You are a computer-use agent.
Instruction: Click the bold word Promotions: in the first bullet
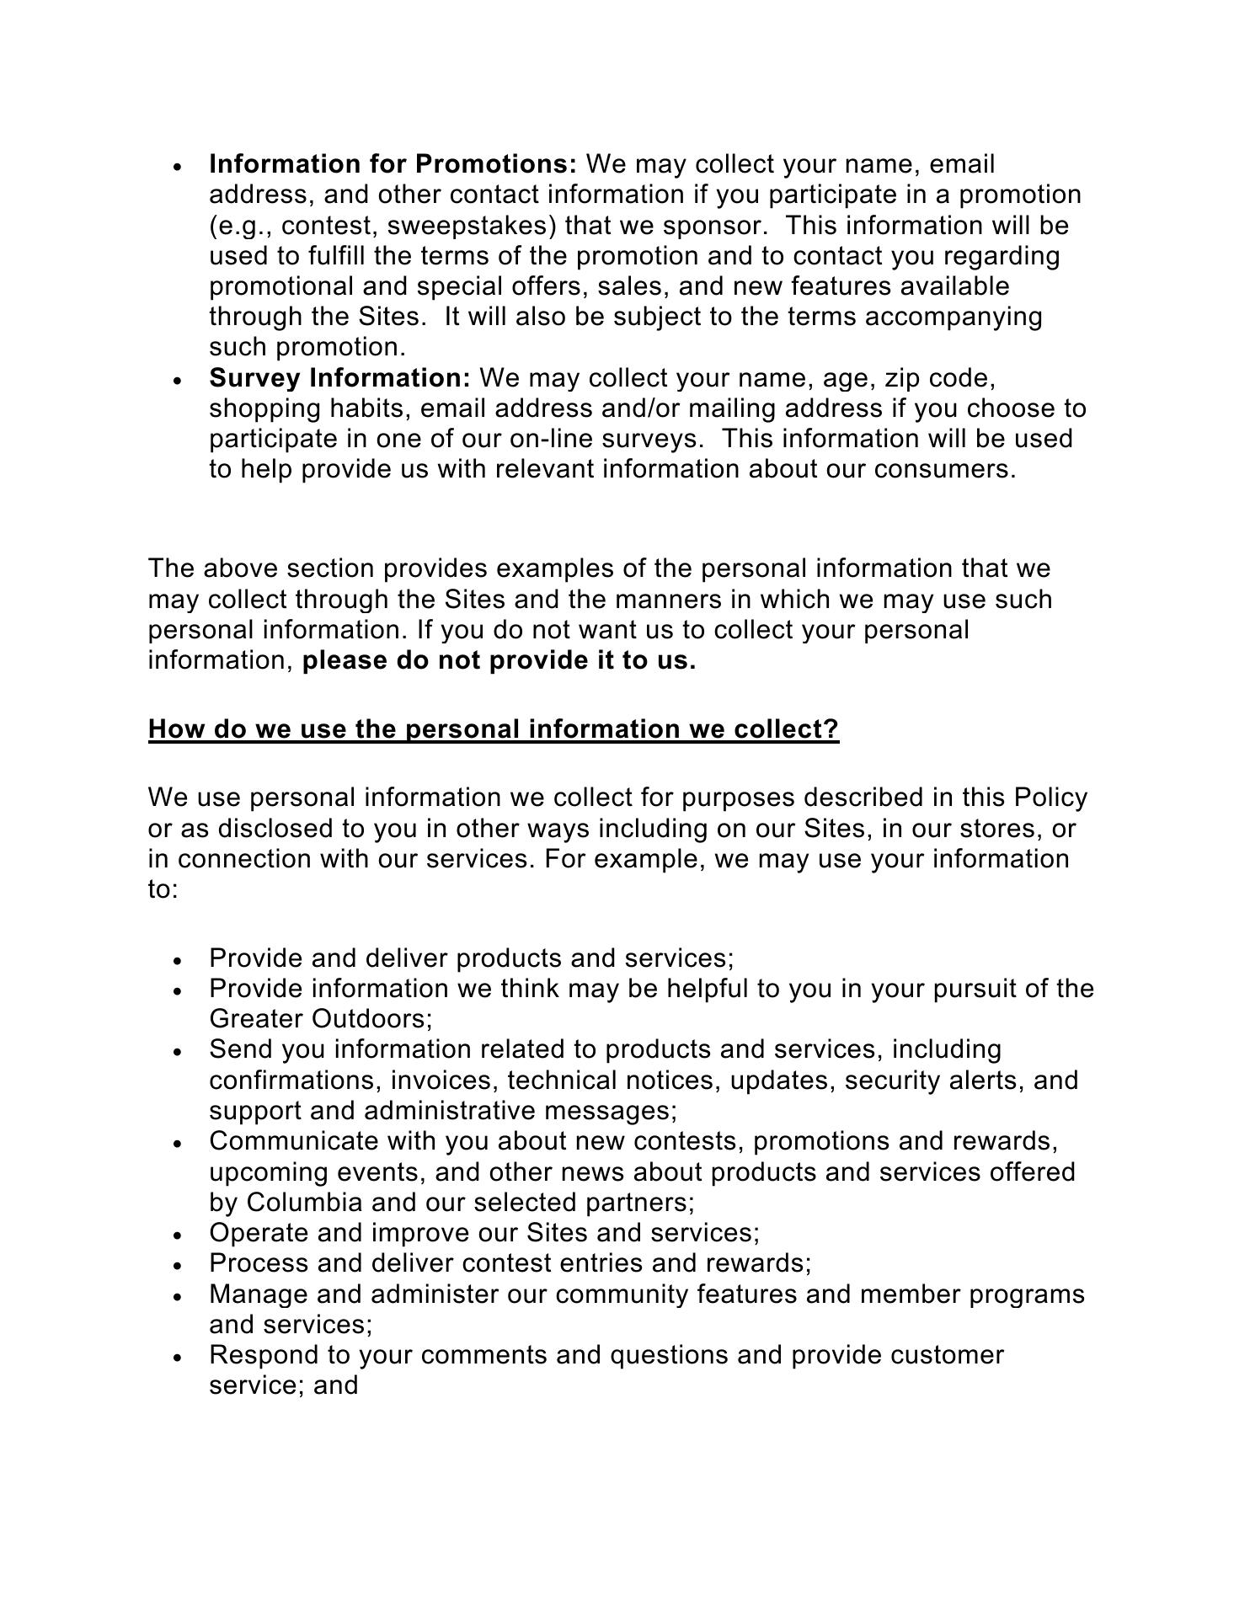[x=496, y=163]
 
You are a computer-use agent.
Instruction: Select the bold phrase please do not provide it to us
[x=499, y=660]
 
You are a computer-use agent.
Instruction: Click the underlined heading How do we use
[x=494, y=728]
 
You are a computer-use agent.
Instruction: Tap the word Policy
[x=1050, y=797]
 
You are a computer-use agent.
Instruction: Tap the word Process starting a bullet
[x=256, y=1263]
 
